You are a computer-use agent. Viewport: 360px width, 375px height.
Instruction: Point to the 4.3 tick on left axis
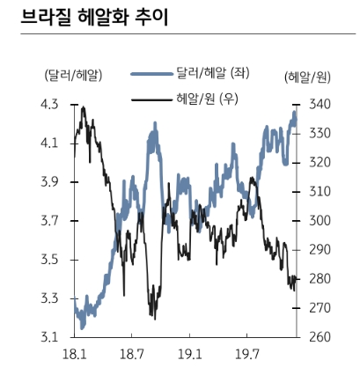50,104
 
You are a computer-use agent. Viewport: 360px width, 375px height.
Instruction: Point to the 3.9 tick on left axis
50,181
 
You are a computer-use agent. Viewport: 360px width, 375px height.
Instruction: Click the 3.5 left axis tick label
50,259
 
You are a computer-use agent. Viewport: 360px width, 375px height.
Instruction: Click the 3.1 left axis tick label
50,336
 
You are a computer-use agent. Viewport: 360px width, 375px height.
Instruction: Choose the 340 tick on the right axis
318,104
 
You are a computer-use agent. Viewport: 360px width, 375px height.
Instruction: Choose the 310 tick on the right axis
318,191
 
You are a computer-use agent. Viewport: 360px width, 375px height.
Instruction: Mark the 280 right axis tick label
318,278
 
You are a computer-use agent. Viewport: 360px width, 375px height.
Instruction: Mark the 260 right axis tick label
318,336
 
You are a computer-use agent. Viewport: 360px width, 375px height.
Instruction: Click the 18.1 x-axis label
74,355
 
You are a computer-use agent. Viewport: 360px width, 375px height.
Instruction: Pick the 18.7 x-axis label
131,355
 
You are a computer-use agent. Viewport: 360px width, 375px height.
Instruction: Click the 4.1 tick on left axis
50,143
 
